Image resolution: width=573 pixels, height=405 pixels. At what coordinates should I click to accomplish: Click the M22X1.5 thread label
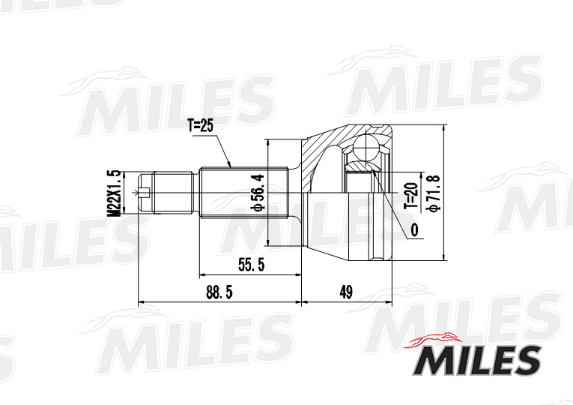(x=114, y=193)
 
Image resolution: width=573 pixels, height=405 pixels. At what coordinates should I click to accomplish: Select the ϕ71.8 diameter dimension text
(x=432, y=193)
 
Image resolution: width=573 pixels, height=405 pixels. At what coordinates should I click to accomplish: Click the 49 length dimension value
(x=345, y=292)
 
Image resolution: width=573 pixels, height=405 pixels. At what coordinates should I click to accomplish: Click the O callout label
(x=413, y=231)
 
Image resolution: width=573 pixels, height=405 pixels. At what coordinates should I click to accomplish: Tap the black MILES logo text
(x=476, y=361)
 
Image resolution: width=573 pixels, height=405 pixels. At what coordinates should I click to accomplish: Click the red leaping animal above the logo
(x=432, y=340)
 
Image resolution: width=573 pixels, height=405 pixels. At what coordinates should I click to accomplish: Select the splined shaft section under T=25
(x=244, y=193)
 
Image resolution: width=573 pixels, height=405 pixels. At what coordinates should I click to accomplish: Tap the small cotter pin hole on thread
(x=145, y=194)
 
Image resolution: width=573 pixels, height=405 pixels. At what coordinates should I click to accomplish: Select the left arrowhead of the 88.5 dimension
(x=142, y=303)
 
